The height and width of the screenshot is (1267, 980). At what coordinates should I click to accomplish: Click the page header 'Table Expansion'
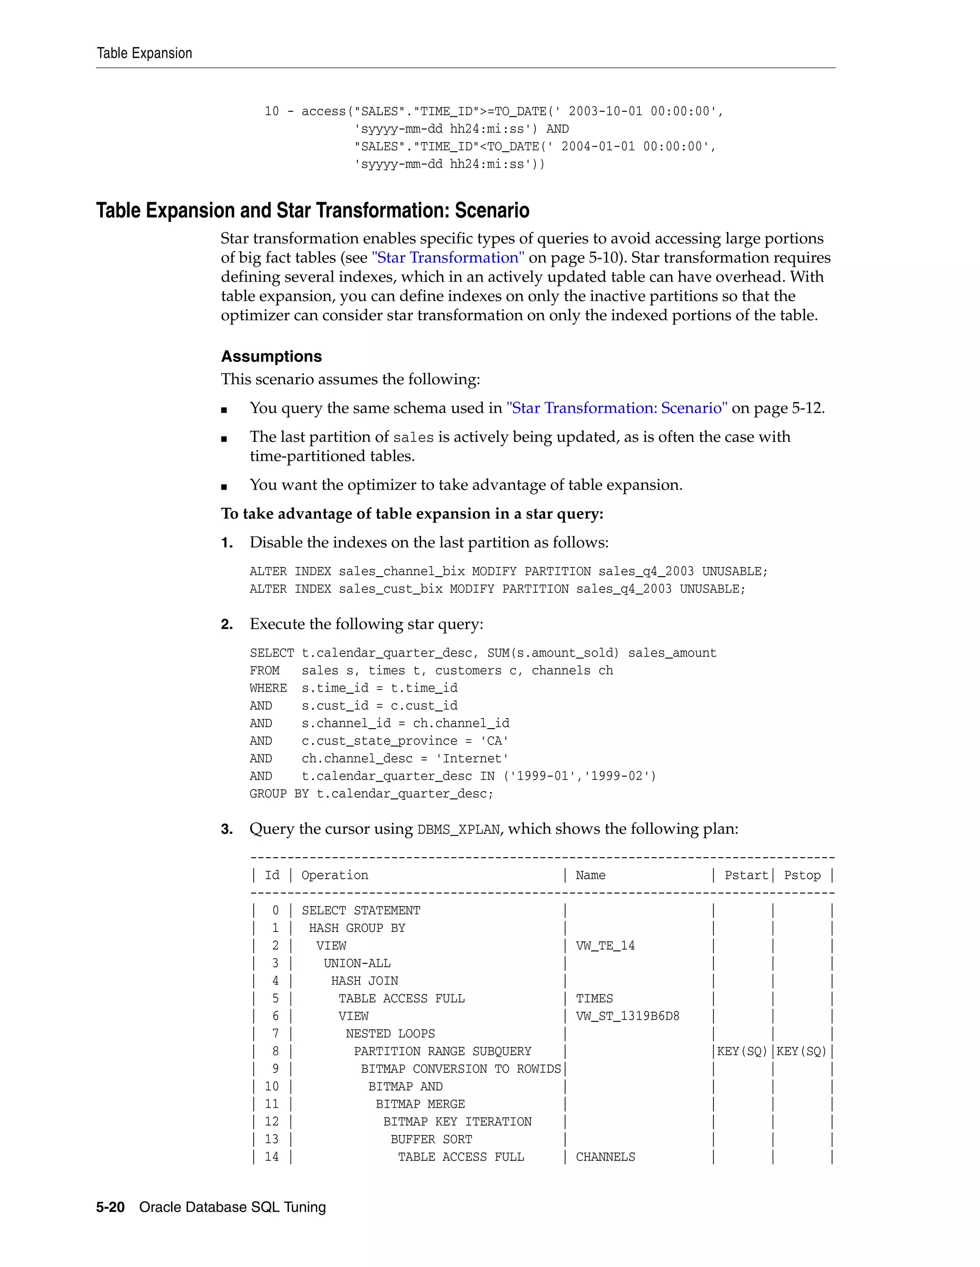click(144, 54)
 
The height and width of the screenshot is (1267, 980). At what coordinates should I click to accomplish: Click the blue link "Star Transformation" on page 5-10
click(447, 258)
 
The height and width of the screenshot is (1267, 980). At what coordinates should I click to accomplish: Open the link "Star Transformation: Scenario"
click(616, 408)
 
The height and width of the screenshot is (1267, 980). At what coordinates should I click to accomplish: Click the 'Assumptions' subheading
click(271, 356)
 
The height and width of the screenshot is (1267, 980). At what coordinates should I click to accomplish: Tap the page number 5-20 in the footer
click(111, 1207)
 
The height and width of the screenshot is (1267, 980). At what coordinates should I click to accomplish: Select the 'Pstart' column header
click(746, 875)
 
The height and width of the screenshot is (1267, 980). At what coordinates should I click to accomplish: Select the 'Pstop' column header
click(802, 875)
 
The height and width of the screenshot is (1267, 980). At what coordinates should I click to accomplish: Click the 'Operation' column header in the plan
click(334, 875)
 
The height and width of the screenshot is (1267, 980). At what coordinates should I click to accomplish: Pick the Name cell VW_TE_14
click(605, 946)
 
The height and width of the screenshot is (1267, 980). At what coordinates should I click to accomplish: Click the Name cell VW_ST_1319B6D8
click(627, 1016)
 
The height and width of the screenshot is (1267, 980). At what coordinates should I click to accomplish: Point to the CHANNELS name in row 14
click(605, 1157)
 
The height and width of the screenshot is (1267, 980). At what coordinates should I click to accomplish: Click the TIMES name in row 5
click(594, 998)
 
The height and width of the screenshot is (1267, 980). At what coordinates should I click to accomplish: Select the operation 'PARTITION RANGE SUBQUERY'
click(443, 1051)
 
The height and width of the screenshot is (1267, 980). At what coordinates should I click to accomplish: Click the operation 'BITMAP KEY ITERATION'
click(457, 1121)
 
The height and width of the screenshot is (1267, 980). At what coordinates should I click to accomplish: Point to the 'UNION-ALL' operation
click(357, 963)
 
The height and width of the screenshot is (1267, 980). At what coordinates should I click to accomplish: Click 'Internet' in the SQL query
click(472, 758)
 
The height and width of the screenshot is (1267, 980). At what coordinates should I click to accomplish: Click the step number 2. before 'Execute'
click(227, 624)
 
